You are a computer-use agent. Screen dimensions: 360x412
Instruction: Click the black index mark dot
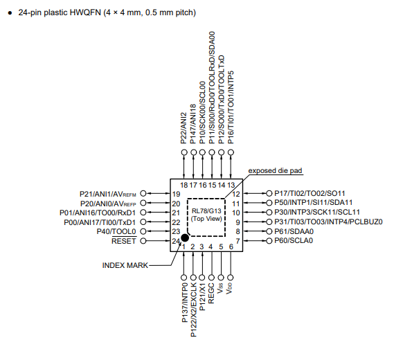tap(185, 237)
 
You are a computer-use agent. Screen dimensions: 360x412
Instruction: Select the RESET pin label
tap(124, 241)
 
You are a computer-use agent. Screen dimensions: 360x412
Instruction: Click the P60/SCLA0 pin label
tap(294, 241)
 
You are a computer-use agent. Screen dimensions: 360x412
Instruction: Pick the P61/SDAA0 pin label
tap(294, 231)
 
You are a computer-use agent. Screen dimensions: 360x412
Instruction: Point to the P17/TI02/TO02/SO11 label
tap(310, 193)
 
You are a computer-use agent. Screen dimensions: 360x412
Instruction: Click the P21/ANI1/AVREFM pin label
tap(108, 193)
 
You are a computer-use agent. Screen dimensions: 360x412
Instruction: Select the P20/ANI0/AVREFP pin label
tap(109, 203)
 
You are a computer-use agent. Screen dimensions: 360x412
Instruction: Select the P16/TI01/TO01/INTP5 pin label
tap(231, 106)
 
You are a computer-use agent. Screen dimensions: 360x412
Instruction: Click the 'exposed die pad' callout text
tap(276, 170)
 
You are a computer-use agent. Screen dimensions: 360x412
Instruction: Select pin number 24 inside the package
tap(176, 241)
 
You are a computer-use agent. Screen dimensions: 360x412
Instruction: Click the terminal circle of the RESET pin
tap(143, 241)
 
